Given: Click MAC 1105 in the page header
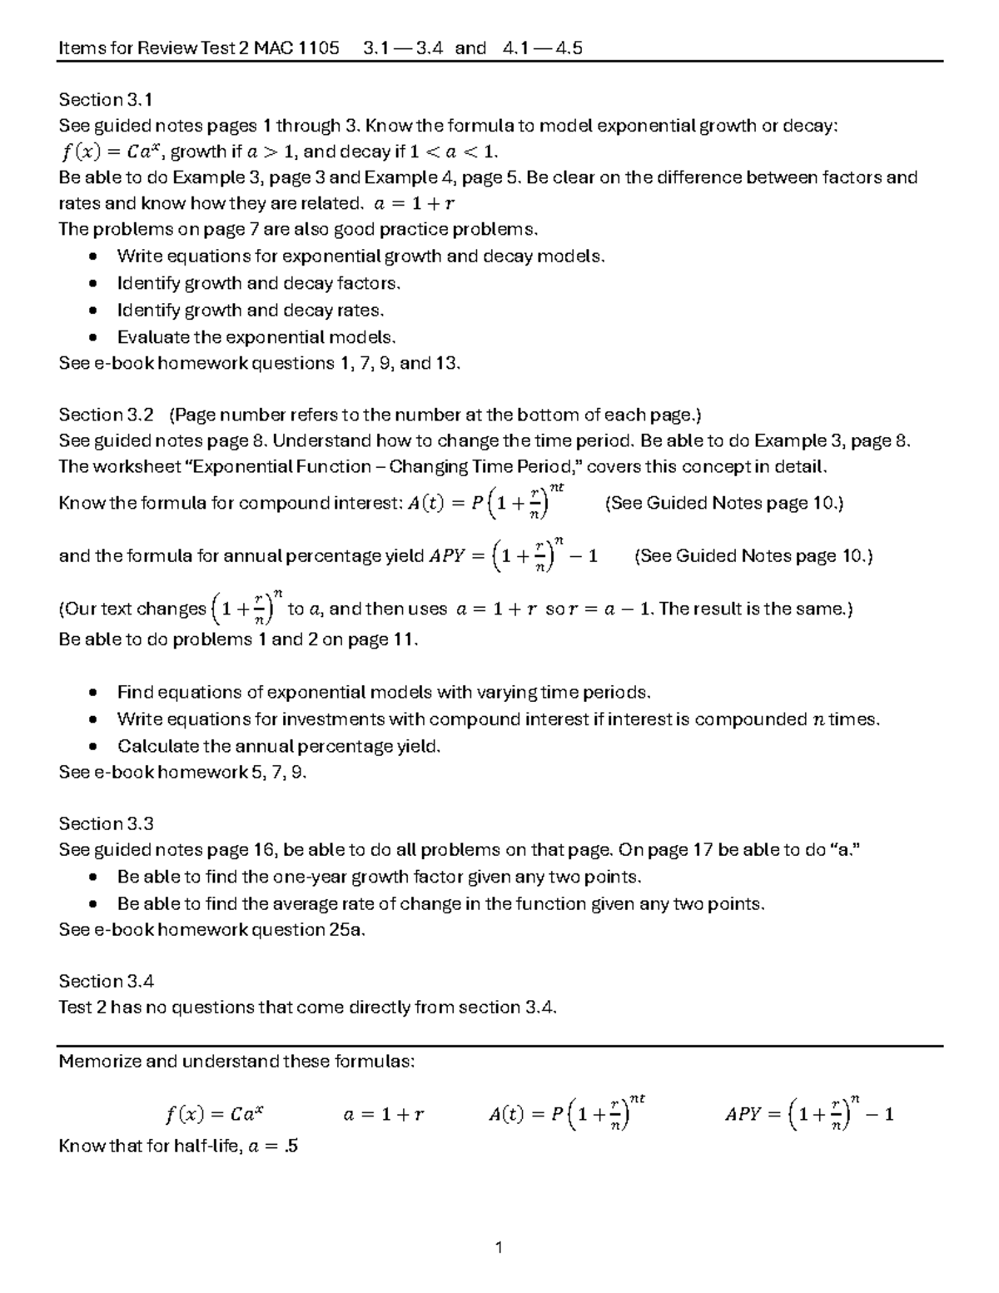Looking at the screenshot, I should point(297,47).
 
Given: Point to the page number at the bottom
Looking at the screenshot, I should point(499,1247).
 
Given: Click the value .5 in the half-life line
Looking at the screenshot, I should point(290,1146).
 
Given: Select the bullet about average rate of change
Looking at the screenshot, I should point(440,903).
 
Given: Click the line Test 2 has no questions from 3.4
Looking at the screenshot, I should point(307,1007).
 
